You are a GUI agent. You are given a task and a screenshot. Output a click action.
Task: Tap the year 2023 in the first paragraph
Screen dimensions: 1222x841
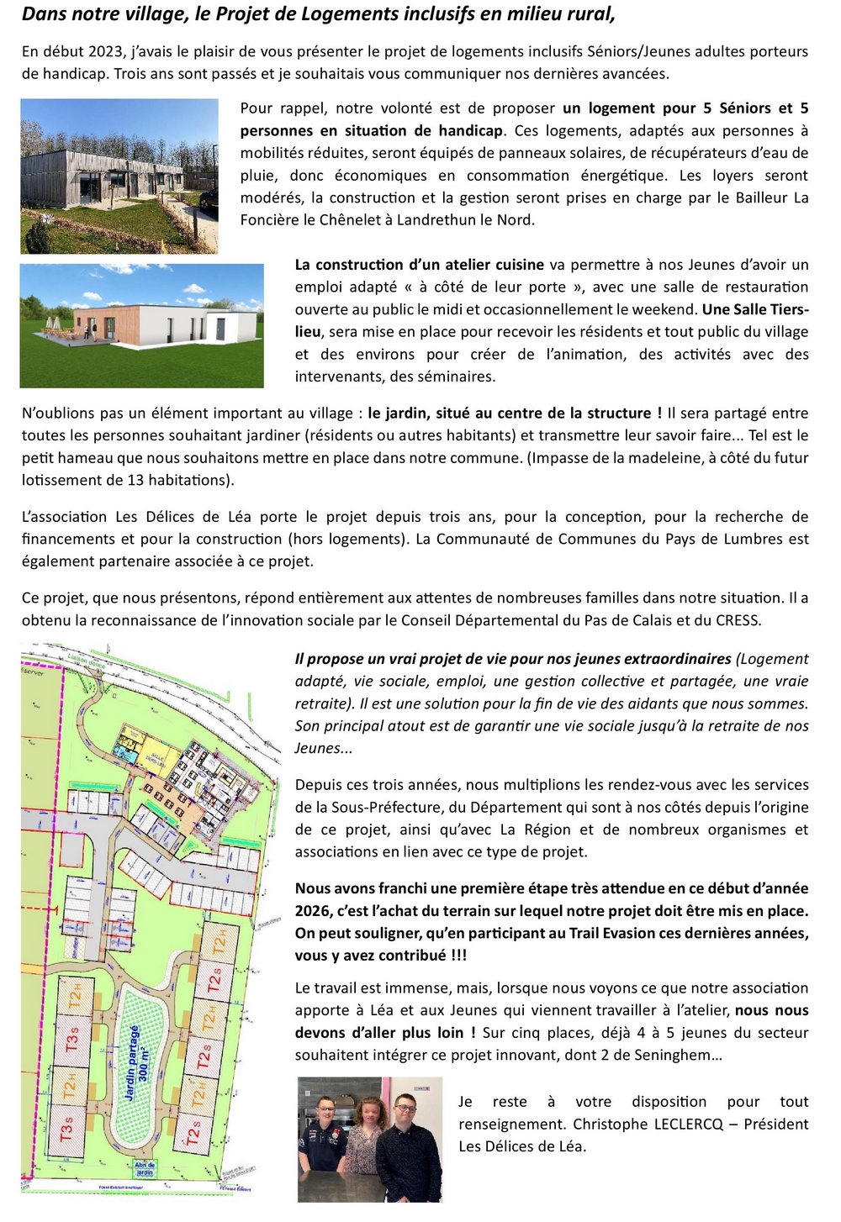tap(104, 51)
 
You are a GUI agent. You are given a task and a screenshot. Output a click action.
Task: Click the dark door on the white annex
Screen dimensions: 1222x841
tap(220, 327)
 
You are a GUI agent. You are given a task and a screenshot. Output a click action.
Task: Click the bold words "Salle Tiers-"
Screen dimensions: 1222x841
tap(755, 309)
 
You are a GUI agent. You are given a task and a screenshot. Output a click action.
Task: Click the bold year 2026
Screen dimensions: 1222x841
tap(312, 911)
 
